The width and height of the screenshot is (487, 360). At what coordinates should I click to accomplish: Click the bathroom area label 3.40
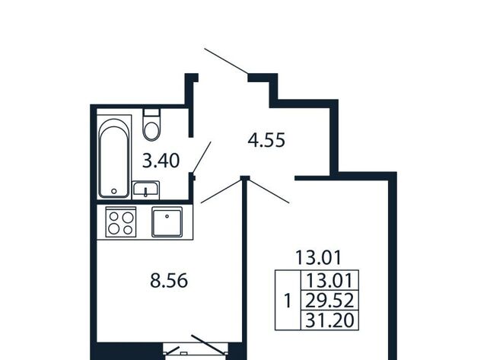(x=161, y=161)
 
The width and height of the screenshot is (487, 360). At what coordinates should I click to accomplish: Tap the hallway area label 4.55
(x=266, y=140)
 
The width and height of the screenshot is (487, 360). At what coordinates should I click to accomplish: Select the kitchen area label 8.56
(x=169, y=281)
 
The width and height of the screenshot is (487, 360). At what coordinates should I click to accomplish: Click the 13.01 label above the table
(x=318, y=257)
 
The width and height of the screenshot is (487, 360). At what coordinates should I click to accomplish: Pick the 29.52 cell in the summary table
(x=329, y=301)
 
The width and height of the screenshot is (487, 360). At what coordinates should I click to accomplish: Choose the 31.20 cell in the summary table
(x=329, y=320)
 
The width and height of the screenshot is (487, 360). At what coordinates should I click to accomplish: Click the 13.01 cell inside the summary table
(x=329, y=280)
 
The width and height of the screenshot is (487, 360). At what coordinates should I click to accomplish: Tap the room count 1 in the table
(x=288, y=301)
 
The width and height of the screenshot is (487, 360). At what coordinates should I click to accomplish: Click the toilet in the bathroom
(x=152, y=125)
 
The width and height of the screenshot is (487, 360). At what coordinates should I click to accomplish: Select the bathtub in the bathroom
(x=114, y=157)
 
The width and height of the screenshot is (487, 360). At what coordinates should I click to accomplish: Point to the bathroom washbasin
(x=145, y=190)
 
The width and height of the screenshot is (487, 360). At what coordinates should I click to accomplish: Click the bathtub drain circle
(x=114, y=191)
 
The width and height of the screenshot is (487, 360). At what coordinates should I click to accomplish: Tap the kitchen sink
(x=167, y=221)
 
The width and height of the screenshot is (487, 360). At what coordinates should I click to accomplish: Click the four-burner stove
(x=121, y=221)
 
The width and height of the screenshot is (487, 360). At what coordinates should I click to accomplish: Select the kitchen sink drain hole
(x=167, y=216)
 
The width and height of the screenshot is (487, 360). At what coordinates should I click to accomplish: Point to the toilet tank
(x=152, y=113)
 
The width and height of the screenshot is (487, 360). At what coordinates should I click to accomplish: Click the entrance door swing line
(x=226, y=61)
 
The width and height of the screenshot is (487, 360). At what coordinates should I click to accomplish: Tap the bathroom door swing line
(x=201, y=158)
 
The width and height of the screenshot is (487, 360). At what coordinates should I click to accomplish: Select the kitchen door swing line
(x=221, y=191)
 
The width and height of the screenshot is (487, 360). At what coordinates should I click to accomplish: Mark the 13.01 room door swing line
(x=269, y=191)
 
